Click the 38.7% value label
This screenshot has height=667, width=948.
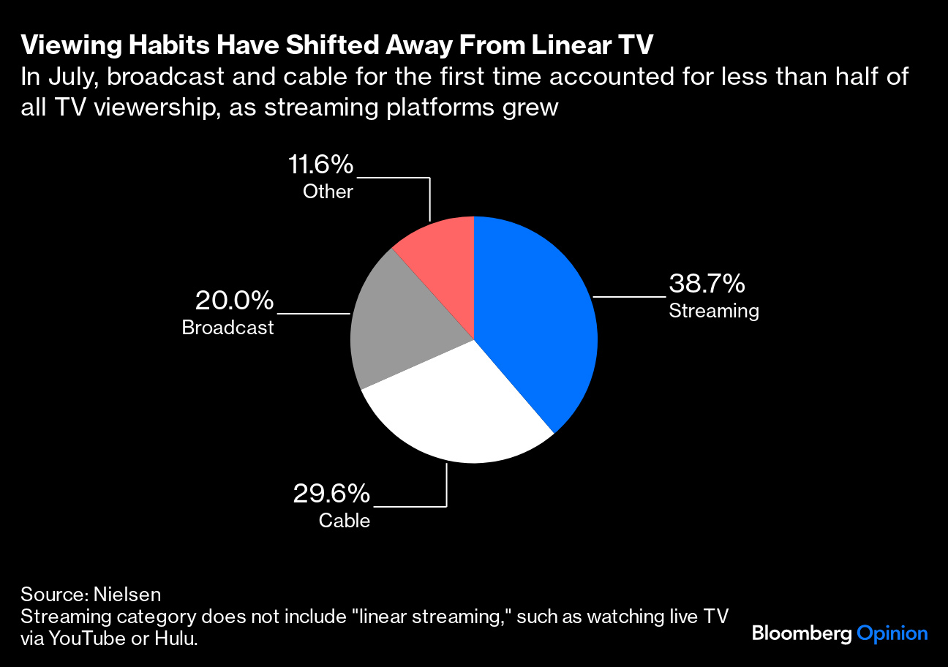pos(707,283)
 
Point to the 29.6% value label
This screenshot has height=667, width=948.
pos(331,494)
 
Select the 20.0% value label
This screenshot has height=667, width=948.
pos(234,300)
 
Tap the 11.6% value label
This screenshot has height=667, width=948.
pos(320,165)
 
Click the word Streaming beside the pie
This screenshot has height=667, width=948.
pos(714,311)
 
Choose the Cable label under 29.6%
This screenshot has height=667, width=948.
pos(345,521)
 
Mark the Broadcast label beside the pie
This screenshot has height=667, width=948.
pos(227,328)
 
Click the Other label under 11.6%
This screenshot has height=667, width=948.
pos(328,192)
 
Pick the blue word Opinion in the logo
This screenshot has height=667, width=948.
pos(892,633)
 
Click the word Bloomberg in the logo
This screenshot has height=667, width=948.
pos(802,633)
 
